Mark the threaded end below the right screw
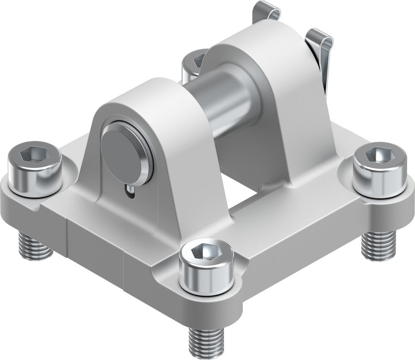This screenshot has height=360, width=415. pos(378,245)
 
